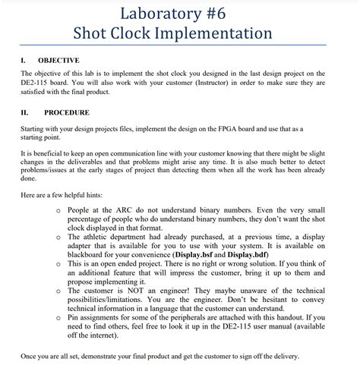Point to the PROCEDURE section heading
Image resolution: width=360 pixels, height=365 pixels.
(x=67, y=112)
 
